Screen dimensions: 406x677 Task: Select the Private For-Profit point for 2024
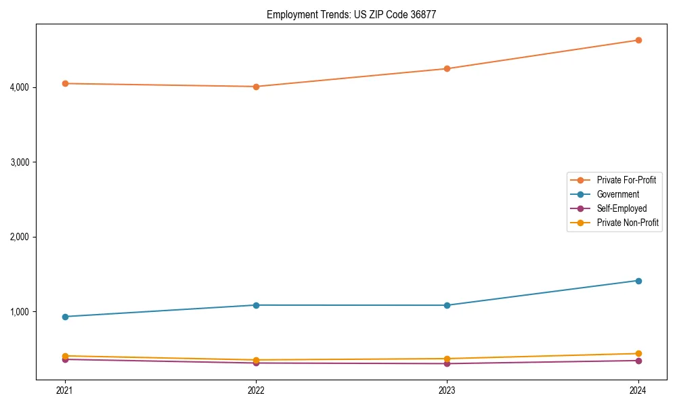point(638,40)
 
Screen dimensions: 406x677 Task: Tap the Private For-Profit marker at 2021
point(65,83)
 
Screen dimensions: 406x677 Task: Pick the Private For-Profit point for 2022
point(256,87)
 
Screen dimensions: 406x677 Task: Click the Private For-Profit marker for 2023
point(447,68)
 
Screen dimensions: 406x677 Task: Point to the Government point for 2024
point(638,280)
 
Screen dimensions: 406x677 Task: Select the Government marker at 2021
point(65,317)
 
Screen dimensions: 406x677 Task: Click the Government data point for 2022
point(256,305)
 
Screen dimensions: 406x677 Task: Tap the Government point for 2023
point(447,305)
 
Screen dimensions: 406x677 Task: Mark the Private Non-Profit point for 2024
point(638,353)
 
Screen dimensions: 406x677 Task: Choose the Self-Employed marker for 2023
point(447,364)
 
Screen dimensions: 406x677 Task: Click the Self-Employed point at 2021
point(65,359)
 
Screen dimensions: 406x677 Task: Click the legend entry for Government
point(617,194)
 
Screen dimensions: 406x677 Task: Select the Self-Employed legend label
point(621,208)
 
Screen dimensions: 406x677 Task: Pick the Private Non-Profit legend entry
point(628,223)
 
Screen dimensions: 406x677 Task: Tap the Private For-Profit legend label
point(626,180)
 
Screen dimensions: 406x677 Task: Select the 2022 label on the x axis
point(256,390)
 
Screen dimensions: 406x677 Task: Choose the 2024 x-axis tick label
point(638,390)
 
